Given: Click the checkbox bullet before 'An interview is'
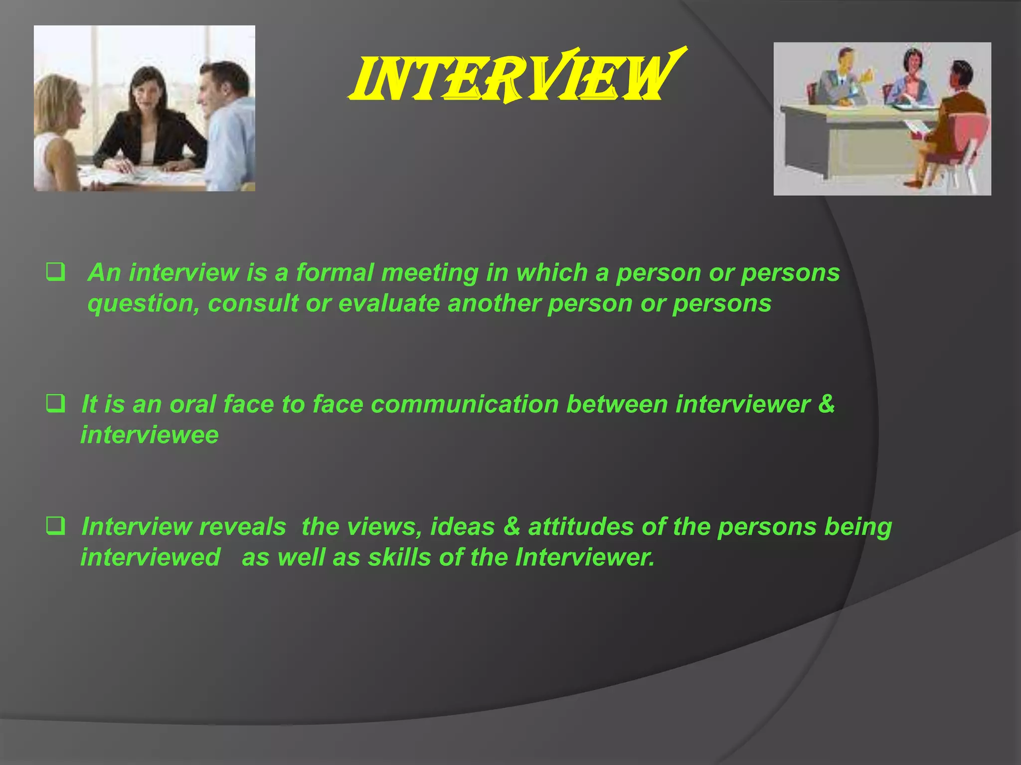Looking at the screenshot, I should point(55,273).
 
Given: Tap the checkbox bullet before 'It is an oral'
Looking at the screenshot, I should point(55,403).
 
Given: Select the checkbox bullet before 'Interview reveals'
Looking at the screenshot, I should point(55,526).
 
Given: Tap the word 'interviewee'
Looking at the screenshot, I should point(150,435).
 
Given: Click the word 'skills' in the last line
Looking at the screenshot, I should point(399,557).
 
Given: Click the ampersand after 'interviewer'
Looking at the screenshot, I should point(826,404).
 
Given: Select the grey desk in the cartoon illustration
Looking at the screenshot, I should point(848,139).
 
